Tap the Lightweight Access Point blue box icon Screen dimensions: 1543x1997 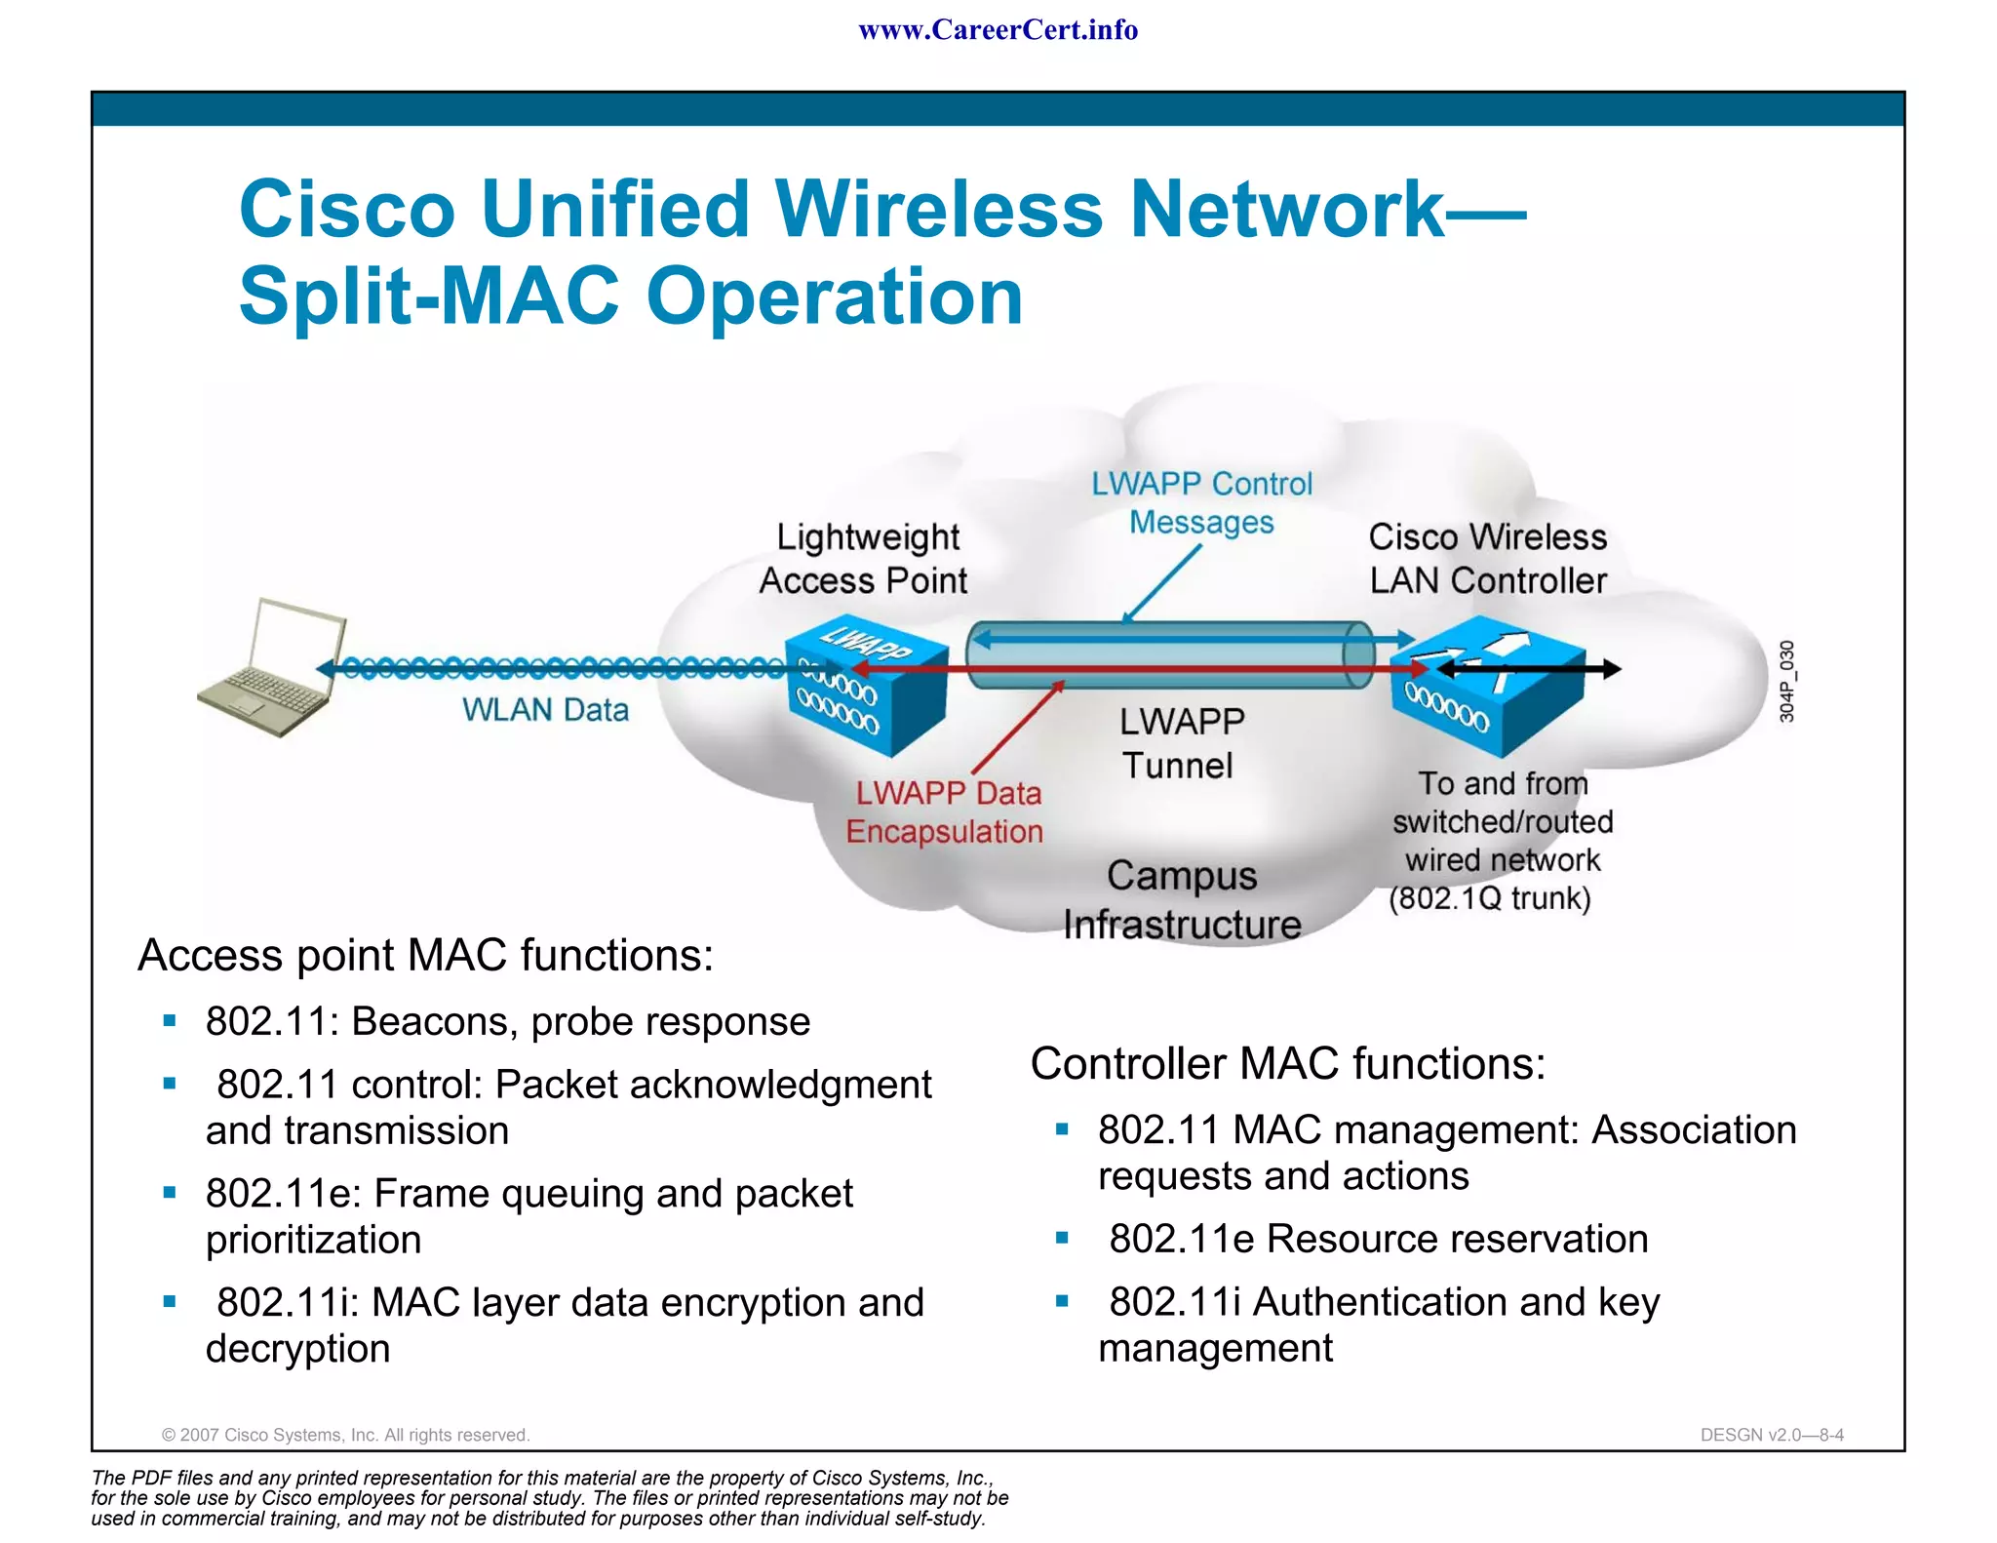point(866,686)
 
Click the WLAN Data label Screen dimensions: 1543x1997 point(545,710)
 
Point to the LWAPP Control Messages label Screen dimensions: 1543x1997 point(1201,503)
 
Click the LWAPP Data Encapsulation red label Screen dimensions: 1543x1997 point(945,812)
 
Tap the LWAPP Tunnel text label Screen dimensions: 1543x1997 point(1180,743)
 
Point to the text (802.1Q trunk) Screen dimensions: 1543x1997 point(1489,898)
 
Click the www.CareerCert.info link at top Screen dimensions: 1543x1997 point(998,30)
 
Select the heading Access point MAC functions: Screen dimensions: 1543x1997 point(426,955)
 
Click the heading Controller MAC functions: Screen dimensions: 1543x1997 point(1288,1063)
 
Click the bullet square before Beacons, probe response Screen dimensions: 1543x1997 point(170,1021)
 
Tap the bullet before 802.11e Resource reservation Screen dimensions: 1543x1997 point(1063,1239)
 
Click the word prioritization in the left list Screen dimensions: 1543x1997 point(314,1240)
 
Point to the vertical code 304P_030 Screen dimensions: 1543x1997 point(1786,681)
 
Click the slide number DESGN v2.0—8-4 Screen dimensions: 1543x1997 point(1772,1435)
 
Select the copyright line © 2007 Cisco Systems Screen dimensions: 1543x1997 point(345,1435)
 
